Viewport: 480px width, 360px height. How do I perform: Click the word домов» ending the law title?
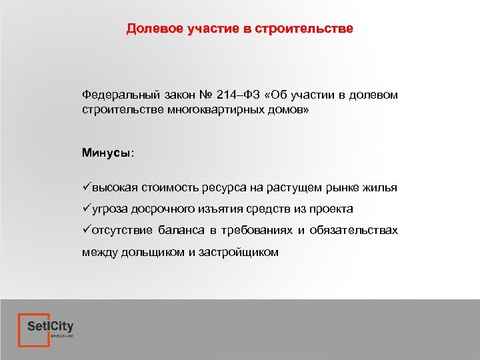pyautogui.click(x=287, y=108)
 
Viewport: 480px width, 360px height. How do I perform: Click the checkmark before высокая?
pyautogui.click(x=87, y=188)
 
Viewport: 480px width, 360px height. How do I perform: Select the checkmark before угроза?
pyautogui.click(x=87, y=209)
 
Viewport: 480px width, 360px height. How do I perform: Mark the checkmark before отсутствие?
pyautogui.click(x=87, y=231)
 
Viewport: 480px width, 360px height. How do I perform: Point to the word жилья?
pyautogui.click(x=382, y=188)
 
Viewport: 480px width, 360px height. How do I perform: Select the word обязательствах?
pyautogui.click(x=355, y=231)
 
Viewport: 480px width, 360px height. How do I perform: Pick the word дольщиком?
pyautogui.click(x=147, y=253)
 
